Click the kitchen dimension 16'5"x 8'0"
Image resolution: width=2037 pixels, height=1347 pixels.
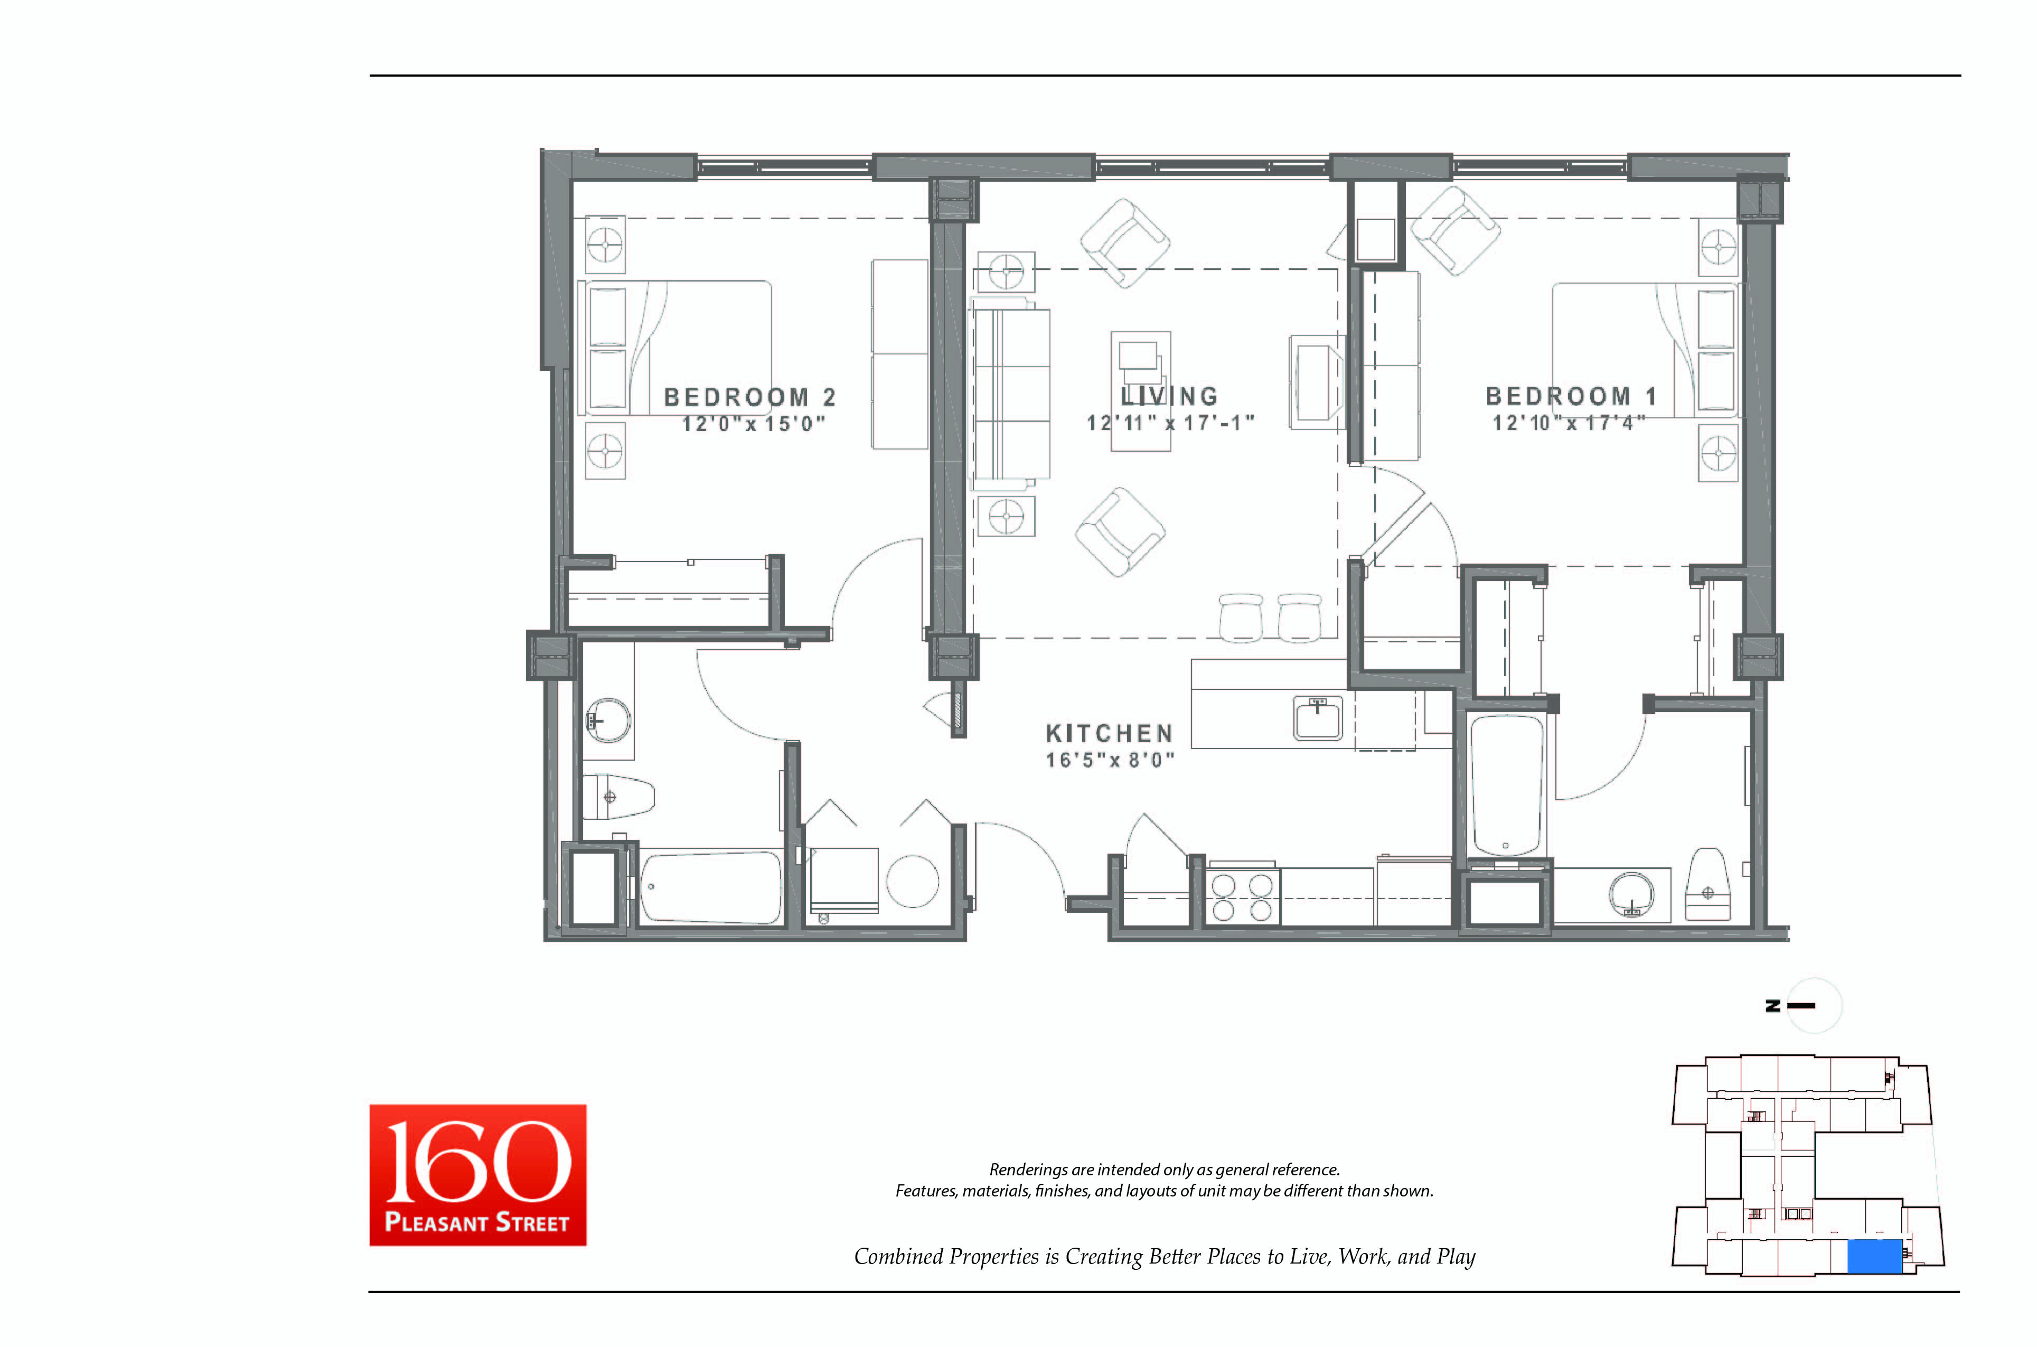pyautogui.click(x=1109, y=760)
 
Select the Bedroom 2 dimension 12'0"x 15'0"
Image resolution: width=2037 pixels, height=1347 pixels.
pyautogui.click(x=753, y=424)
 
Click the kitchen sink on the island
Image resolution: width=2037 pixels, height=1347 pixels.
pyautogui.click(x=1317, y=717)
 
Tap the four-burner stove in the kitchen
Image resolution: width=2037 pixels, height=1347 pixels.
pyautogui.click(x=1242, y=897)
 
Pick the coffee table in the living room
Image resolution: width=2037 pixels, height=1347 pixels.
pyautogui.click(x=1140, y=391)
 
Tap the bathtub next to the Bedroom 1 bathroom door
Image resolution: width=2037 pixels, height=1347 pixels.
pyautogui.click(x=1506, y=785)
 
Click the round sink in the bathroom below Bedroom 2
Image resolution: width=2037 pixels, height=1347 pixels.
pyautogui.click(x=608, y=720)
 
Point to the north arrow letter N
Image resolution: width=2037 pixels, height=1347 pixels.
pyautogui.click(x=1772, y=1006)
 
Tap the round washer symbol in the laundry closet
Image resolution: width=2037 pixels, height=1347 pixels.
pyautogui.click(x=912, y=882)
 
